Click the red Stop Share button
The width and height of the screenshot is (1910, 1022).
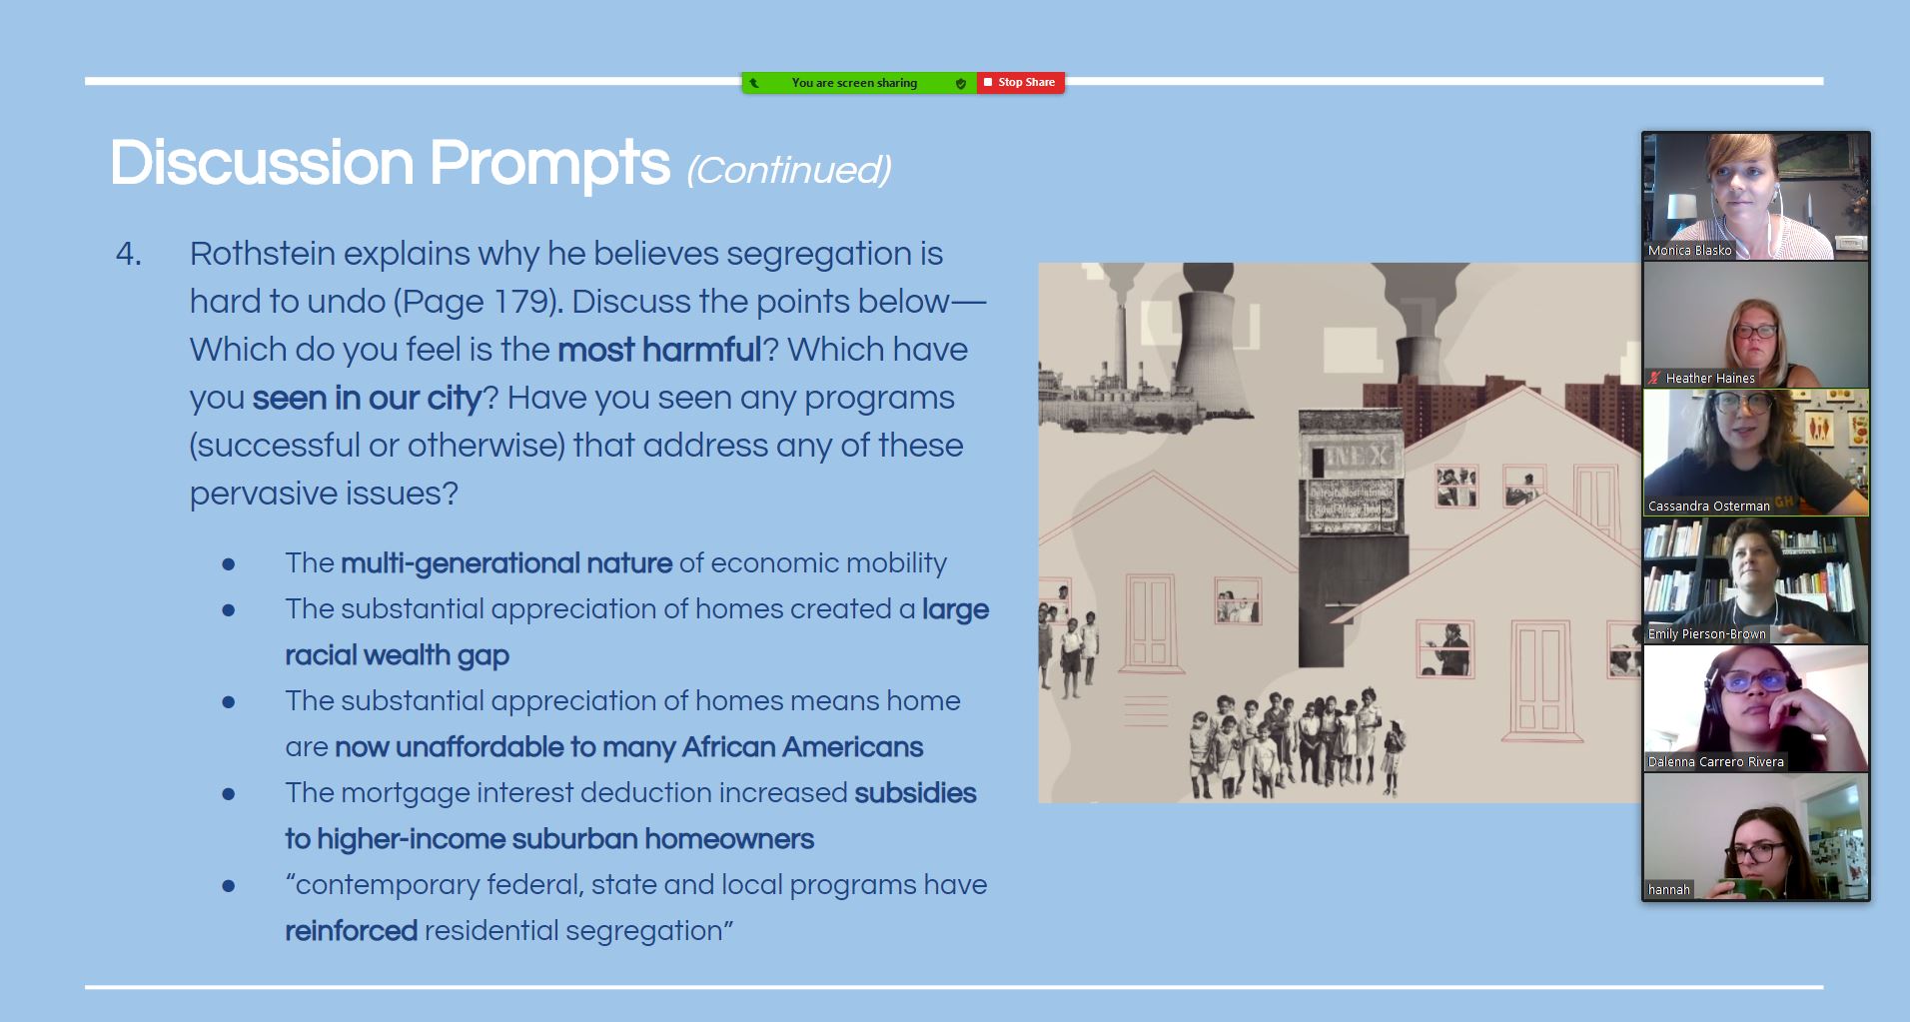1020,83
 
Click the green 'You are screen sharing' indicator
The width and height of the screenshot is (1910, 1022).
858,83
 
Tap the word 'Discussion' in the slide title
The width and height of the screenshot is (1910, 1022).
262,163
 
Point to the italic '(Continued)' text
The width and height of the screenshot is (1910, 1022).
789,170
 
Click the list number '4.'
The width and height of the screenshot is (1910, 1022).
129,254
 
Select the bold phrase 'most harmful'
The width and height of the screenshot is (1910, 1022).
659,350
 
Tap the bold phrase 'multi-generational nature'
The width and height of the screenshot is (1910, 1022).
506,563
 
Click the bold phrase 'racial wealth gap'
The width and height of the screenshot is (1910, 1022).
397,655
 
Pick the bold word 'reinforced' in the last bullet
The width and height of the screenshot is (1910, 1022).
351,931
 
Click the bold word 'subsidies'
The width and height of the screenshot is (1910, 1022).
915,793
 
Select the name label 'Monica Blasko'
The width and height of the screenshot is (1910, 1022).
1689,251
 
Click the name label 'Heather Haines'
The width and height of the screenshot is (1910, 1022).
1710,379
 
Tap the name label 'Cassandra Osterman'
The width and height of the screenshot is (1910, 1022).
1708,507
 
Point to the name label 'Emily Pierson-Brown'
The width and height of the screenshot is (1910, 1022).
1706,634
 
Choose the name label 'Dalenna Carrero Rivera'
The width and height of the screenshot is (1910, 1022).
1715,762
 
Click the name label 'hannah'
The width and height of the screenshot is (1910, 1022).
1668,890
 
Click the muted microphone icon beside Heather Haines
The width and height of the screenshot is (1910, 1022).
1655,378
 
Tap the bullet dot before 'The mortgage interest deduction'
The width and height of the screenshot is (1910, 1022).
229,795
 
